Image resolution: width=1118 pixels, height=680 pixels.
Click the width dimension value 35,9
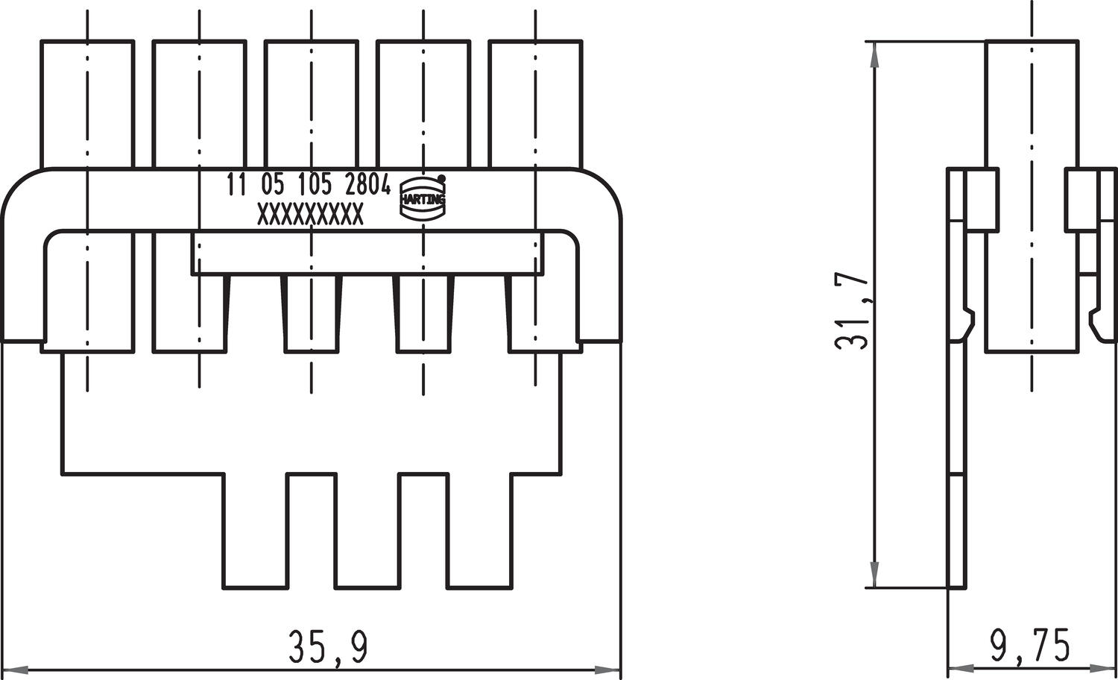coord(328,646)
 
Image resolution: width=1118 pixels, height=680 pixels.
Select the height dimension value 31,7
coord(851,312)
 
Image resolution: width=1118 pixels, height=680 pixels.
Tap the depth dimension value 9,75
coord(1029,646)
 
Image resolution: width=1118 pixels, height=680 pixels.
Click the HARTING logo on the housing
coord(423,200)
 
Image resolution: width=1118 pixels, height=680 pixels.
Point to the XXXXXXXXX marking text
coord(310,215)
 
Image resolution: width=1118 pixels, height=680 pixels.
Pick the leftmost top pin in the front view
coord(87,104)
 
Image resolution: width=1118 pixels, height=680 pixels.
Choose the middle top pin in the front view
coord(311,104)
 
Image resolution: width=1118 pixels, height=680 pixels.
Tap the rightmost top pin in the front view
coord(535,104)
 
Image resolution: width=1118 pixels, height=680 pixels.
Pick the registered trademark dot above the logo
coord(441,178)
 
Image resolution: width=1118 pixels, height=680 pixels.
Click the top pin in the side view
coord(1032,104)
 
